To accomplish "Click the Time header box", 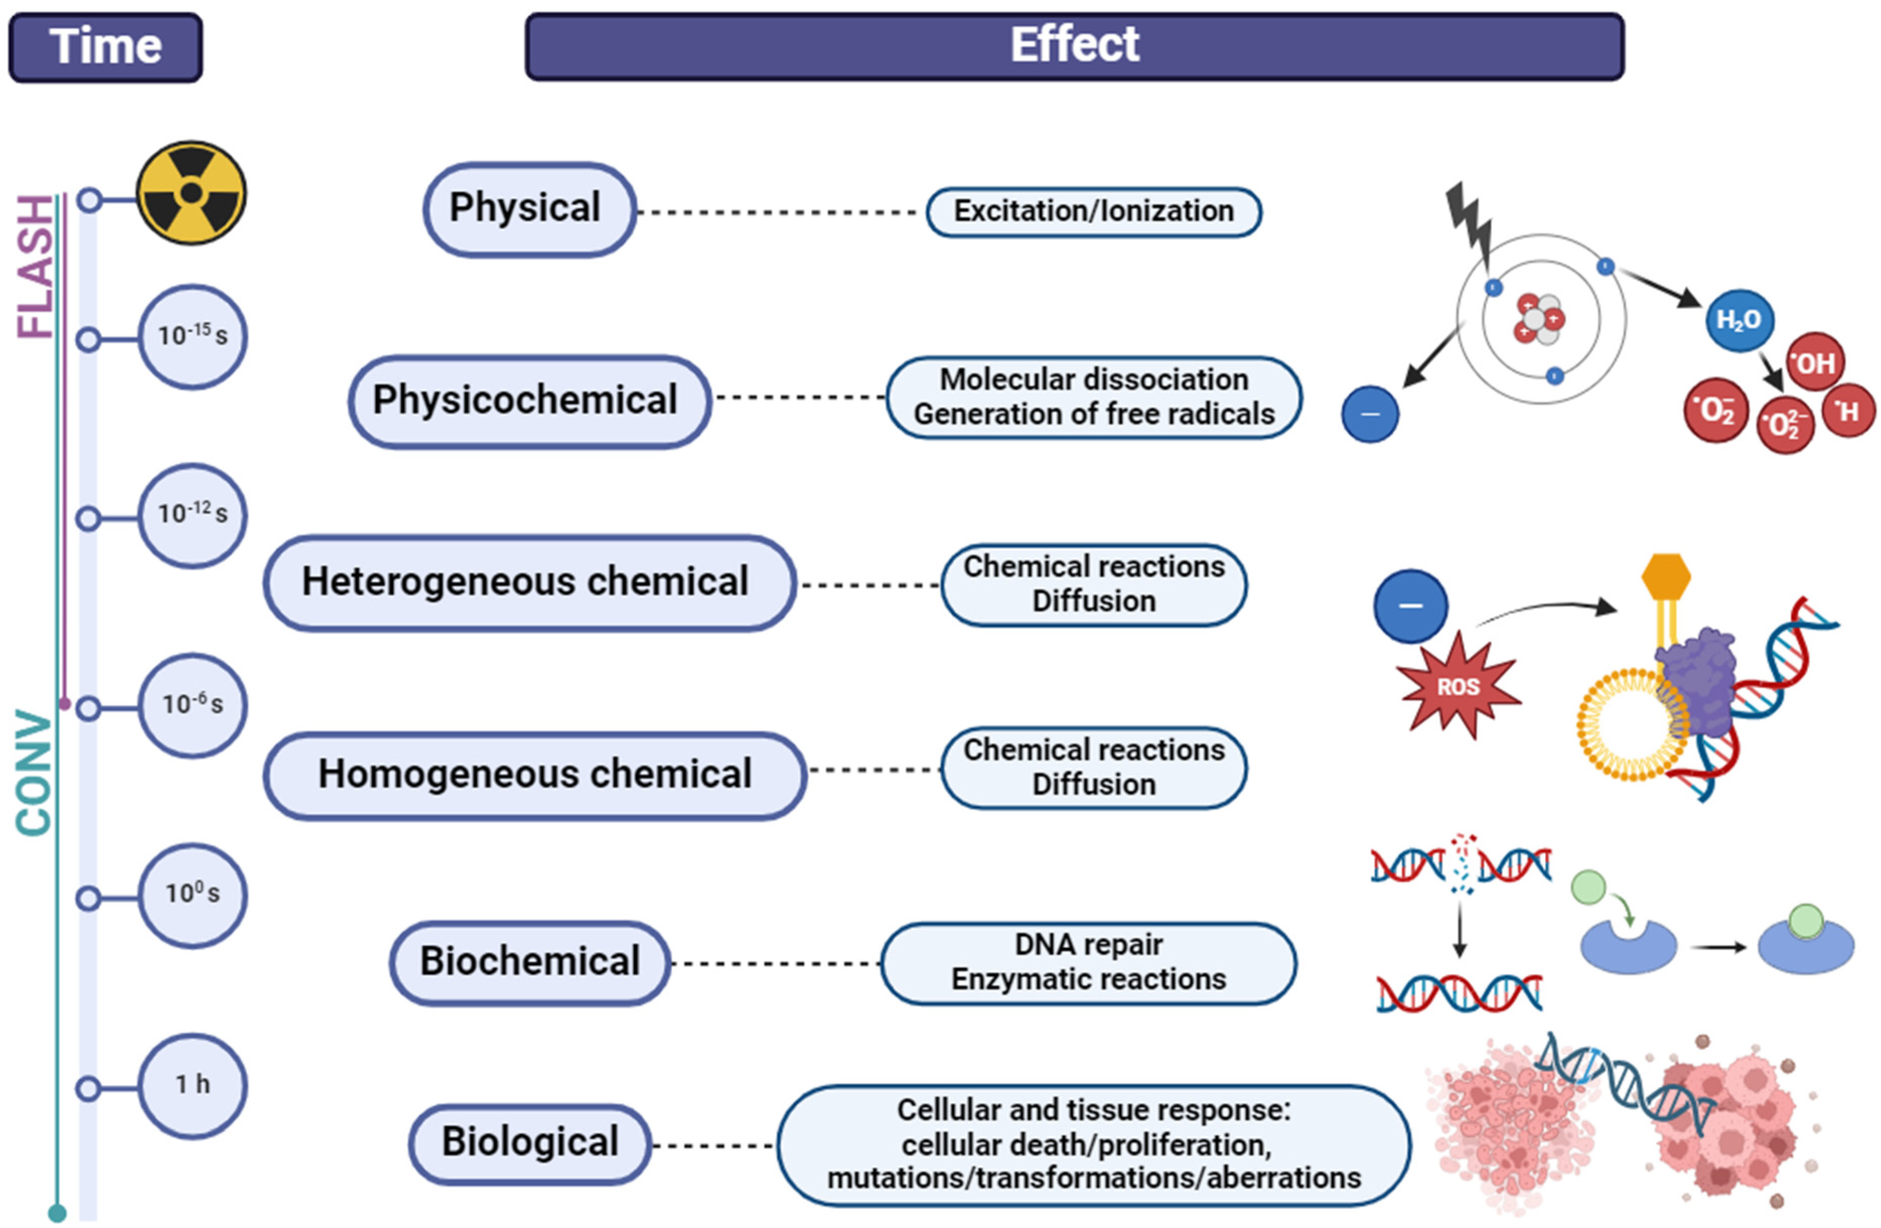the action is coord(105,47).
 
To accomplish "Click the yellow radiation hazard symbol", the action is coord(191,193).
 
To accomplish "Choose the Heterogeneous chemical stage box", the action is coord(530,582).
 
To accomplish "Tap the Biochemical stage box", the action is coord(530,962).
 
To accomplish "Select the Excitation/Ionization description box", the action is coord(1094,212).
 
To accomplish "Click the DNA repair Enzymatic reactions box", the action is coord(1089,962).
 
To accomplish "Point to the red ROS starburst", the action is coord(1458,685).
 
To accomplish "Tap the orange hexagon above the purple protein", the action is coord(1666,577).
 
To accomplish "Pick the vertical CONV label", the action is coord(34,773).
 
